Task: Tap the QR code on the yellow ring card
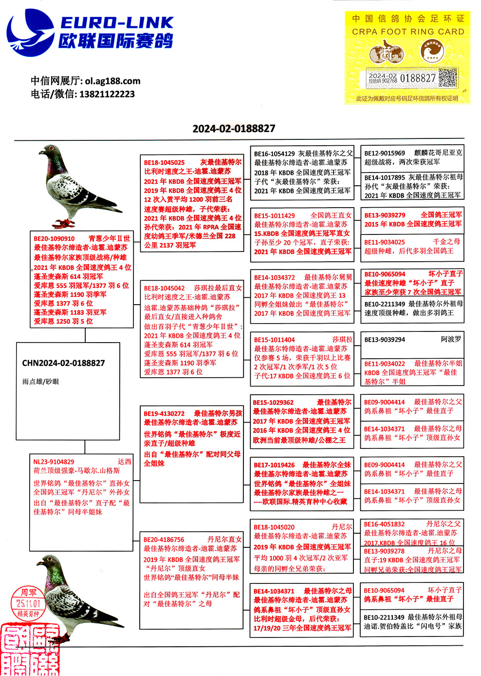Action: click(447, 78)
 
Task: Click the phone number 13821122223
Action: click(107, 94)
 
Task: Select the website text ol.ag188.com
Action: click(112, 81)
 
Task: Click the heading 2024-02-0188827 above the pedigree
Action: click(234, 129)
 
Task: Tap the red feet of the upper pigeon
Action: click(63, 223)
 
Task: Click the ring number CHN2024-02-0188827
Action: click(63, 363)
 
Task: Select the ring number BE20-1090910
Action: click(54, 239)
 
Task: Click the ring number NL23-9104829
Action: click(54, 462)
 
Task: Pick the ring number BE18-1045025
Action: click(164, 162)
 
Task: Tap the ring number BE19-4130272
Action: click(164, 413)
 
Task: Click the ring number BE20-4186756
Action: click(164, 540)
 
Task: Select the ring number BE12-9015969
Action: click(385, 153)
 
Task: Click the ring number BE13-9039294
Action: click(385, 340)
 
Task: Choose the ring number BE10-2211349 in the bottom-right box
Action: click(384, 617)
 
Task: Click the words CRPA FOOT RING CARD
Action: click(408, 32)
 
